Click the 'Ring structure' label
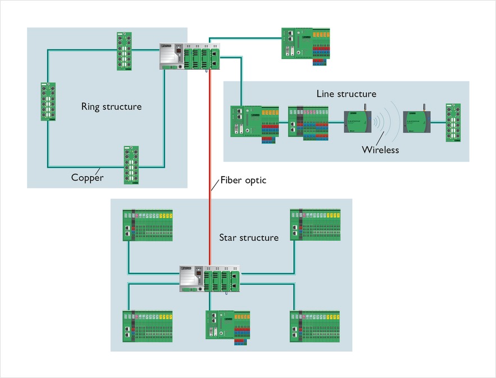coord(111,106)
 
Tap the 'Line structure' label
coord(346,94)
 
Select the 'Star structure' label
coord(249,237)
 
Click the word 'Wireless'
coord(380,150)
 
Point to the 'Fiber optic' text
coord(243,181)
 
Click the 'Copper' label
coord(87,178)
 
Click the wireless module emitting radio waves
coord(357,120)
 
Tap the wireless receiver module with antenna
coord(416,120)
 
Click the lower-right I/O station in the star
coord(315,326)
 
